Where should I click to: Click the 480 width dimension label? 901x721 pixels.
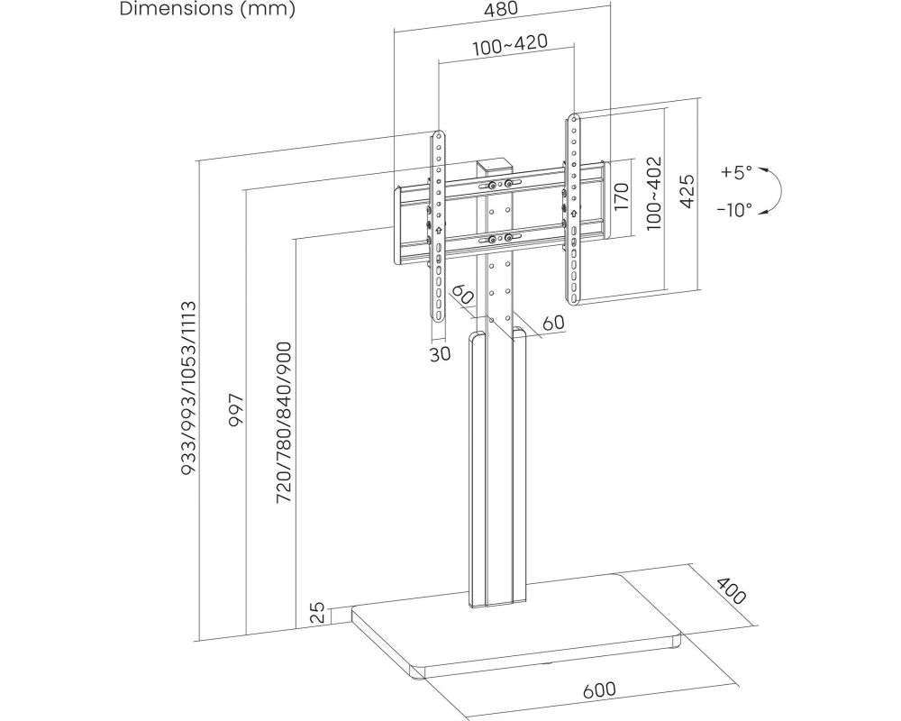tap(502, 10)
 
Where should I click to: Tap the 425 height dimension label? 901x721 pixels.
tap(686, 192)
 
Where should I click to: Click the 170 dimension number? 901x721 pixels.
tap(621, 196)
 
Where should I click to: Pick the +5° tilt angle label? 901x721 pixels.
tap(736, 171)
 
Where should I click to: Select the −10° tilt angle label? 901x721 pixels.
tap(734, 210)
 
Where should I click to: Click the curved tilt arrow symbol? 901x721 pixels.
tap(772, 190)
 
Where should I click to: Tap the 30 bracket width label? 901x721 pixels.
tap(440, 354)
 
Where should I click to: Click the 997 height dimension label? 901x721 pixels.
tap(237, 413)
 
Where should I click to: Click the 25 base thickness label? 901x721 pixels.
tap(317, 615)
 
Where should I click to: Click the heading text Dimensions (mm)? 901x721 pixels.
tap(206, 10)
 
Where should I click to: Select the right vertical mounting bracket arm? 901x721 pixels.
tap(572, 207)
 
